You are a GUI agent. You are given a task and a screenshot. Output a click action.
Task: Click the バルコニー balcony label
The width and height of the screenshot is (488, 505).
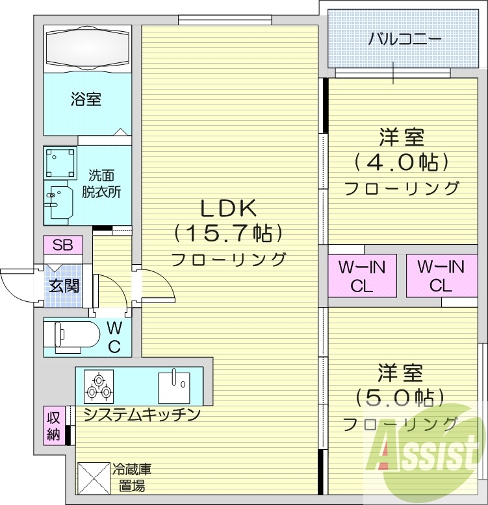[405, 38]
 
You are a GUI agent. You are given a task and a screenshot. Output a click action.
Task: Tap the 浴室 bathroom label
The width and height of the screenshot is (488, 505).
[86, 99]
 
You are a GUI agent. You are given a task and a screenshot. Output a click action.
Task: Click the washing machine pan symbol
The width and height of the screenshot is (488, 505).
[60, 162]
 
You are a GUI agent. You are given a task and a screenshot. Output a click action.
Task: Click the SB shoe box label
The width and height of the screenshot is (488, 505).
[63, 245]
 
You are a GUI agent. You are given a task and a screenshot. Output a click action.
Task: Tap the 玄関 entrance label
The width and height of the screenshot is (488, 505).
[64, 286]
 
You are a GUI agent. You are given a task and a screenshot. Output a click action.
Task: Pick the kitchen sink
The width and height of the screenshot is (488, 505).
[174, 386]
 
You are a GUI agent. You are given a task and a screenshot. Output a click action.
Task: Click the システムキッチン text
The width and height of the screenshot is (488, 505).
[140, 415]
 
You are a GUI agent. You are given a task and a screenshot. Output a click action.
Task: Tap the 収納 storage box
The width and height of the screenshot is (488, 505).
[53, 425]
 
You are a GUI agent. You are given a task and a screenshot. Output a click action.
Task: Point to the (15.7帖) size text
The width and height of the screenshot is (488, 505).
[228, 232]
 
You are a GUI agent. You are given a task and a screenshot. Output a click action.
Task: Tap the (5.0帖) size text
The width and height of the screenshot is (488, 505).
[401, 397]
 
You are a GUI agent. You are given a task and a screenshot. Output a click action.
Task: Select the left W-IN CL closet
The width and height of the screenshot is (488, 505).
[361, 275]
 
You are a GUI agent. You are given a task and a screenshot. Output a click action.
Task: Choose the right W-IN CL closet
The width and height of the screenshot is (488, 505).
[441, 275]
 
